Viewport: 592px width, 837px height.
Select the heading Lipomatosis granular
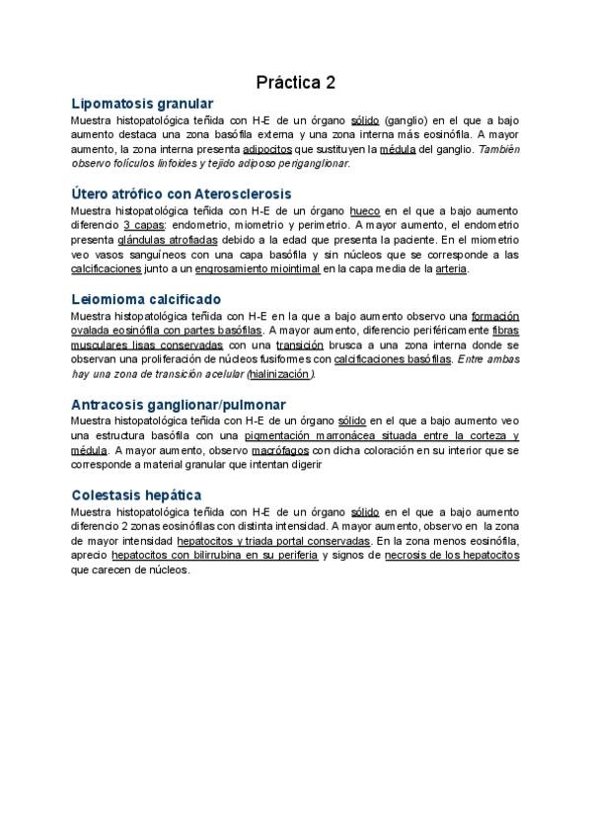point(142,103)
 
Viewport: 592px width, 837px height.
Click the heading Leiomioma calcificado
point(146,298)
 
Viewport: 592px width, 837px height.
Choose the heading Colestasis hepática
point(137,494)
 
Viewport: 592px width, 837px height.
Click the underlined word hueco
point(365,209)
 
